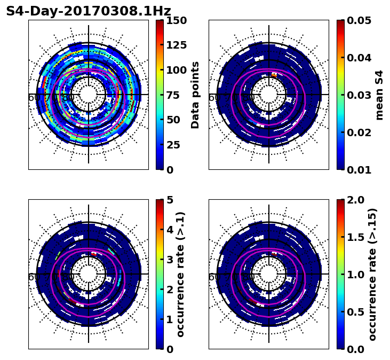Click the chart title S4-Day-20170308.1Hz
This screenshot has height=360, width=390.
click(89, 11)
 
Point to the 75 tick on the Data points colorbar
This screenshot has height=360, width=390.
click(176, 95)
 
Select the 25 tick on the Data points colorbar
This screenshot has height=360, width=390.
click(176, 145)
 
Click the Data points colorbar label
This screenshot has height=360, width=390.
click(195, 95)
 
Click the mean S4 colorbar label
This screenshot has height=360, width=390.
click(379, 95)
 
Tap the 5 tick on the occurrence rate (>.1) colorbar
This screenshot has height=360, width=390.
click(170, 200)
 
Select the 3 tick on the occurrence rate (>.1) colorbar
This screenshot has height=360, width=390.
click(170, 260)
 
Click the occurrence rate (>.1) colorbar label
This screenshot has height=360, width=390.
click(180, 275)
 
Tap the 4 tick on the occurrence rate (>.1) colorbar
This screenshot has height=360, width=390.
click(170, 230)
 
